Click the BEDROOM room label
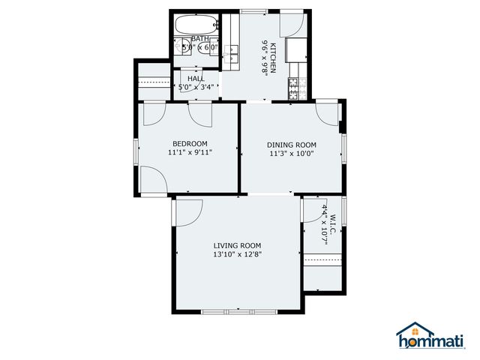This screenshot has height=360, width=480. (190, 143)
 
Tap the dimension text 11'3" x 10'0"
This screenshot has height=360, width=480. (292, 154)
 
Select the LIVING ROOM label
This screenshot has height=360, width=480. (237, 245)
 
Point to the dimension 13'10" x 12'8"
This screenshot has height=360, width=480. (237, 254)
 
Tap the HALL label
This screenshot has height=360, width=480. (196, 78)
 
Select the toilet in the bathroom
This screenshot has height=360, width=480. (184, 49)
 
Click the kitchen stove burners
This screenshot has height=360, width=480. (294, 88)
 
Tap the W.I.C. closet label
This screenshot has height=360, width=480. (334, 219)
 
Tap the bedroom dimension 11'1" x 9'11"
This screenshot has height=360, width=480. (190, 152)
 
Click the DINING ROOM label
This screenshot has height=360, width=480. (292, 145)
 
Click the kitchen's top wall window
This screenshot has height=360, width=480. (254, 10)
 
